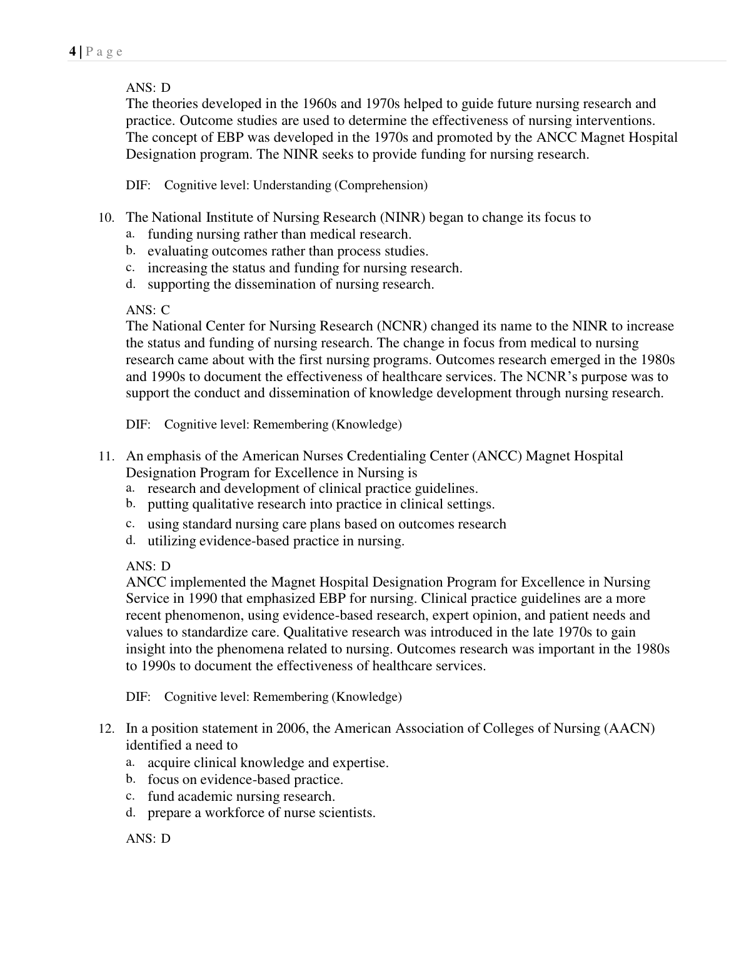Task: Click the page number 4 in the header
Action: [71, 52]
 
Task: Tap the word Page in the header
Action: [104, 52]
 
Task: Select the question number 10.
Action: [106, 217]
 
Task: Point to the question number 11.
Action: [106, 456]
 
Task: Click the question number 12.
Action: [106, 728]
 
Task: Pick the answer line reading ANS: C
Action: [148, 310]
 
